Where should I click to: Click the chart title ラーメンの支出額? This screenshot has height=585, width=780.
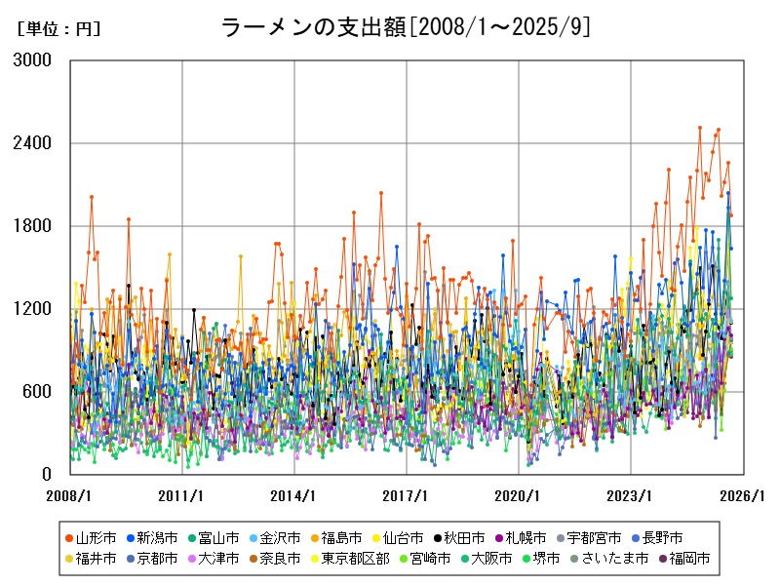tap(406, 27)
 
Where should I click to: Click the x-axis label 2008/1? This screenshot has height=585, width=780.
tap(70, 495)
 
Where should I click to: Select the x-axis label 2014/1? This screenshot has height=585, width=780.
tap(294, 495)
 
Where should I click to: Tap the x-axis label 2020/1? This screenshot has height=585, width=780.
tap(519, 495)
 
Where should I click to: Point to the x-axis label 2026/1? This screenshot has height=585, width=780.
tap(743, 495)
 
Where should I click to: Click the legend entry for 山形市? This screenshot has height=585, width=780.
tap(95, 537)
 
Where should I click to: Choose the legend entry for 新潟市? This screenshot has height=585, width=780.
tap(156, 537)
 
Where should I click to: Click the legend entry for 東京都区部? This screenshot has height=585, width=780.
tap(355, 559)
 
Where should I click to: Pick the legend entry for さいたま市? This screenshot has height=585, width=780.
tap(608, 559)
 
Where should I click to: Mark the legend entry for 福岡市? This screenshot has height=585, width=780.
tap(683, 559)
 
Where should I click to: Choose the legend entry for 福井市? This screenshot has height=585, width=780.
tap(95, 559)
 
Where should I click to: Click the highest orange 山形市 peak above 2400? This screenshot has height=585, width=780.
tap(699, 128)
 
